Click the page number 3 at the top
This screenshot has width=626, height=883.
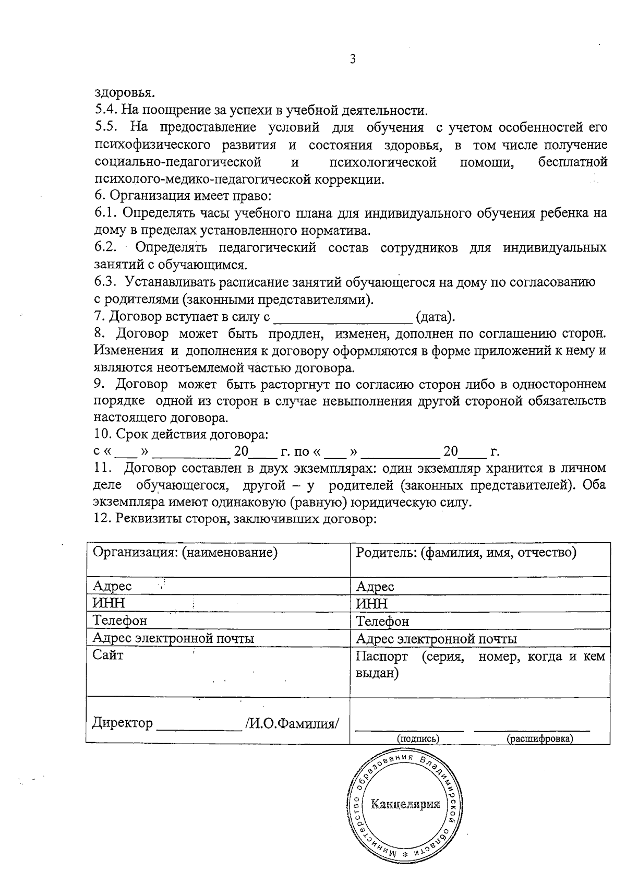[x=353, y=59]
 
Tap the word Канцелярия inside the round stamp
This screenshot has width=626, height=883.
[x=405, y=803]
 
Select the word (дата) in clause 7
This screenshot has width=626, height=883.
[x=435, y=317]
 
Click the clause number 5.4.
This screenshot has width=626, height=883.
[x=107, y=111]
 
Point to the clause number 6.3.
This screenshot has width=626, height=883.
[x=107, y=282]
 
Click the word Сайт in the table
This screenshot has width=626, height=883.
[x=108, y=655]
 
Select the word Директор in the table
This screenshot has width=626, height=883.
[x=123, y=723]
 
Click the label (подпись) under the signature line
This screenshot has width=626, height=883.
[x=418, y=738]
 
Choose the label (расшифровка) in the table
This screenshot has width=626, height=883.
[x=539, y=738]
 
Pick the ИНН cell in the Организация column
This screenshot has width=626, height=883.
[x=109, y=603]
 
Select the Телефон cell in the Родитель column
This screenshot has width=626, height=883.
[x=382, y=622]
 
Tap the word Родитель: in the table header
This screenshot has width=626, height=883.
[x=385, y=552]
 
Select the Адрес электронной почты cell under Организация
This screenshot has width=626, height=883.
[x=173, y=638]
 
